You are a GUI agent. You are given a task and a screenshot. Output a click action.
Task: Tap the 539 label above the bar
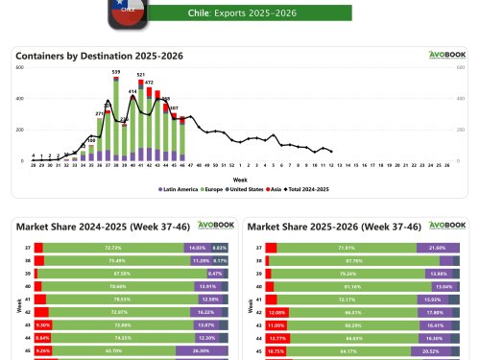[116, 71]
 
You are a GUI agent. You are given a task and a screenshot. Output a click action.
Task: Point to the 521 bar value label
[141, 74]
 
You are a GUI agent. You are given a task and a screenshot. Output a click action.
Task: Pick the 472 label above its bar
[149, 83]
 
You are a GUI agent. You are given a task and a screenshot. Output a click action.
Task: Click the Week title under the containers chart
[239, 178]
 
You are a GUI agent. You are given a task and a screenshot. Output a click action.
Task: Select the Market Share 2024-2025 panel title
[90, 226]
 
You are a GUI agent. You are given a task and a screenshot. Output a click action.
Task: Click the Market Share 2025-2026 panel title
[323, 226]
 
